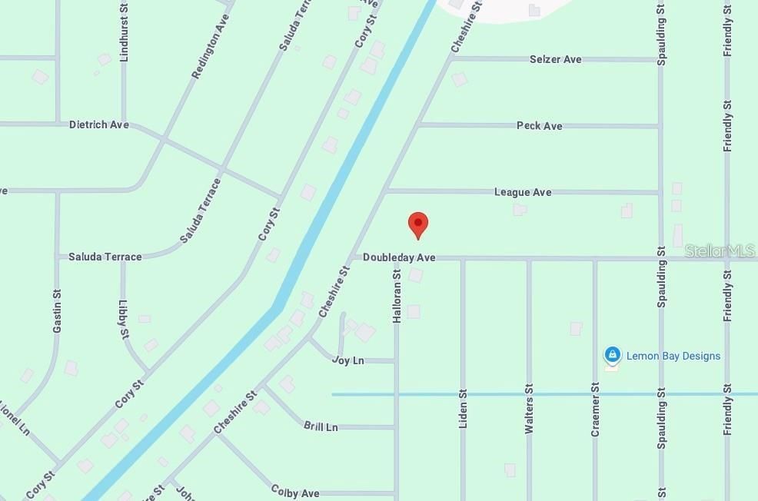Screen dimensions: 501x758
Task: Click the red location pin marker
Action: [x=417, y=224]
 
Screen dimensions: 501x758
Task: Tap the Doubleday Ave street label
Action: [x=399, y=257]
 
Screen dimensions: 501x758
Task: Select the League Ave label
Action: [x=523, y=192]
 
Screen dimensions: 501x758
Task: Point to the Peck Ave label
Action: [x=539, y=126]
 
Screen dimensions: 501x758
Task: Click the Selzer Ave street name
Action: [x=555, y=59]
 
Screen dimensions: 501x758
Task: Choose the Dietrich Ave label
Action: [x=99, y=124]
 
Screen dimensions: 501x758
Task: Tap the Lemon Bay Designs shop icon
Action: [x=612, y=355]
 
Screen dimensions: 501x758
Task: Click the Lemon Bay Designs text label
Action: [x=673, y=356]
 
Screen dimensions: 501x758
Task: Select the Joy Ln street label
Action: [x=348, y=360]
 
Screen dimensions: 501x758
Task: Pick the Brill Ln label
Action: [x=321, y=426]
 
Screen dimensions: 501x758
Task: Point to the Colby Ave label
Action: [x=295, y=492]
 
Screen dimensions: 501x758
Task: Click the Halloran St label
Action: [x=397, y=296]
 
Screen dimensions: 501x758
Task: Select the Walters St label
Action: [x=529, y=409]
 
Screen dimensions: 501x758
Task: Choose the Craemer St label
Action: [x=595, y=410]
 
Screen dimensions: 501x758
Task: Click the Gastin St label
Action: [x=57, y=311]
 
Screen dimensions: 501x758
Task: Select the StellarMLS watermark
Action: [x=720, y=251]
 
